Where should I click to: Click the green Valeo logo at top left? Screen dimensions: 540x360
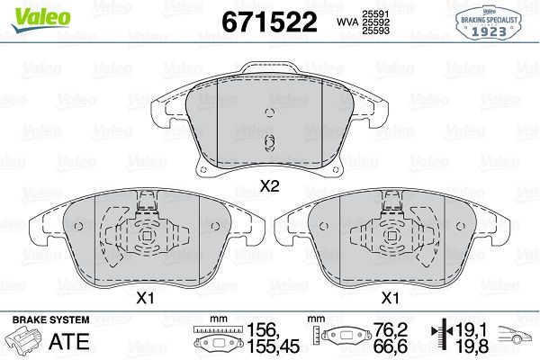tap(40, 19)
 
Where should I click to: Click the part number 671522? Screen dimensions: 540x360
tap(269, 22)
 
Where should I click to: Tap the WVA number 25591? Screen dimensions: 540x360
tap(375, 14)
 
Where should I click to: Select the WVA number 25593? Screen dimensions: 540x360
tap(375, 31)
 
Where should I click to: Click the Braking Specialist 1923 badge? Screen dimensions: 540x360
tap(489, 23)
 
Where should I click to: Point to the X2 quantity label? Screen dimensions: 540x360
tap(269, 186)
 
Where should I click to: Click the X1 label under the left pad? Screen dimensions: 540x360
tap(145, 298)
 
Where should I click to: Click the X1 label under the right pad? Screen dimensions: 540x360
tap(391, 298)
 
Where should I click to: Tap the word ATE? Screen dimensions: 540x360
tap(69, 342)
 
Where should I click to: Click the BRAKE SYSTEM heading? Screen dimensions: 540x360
tap(50, 319)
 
